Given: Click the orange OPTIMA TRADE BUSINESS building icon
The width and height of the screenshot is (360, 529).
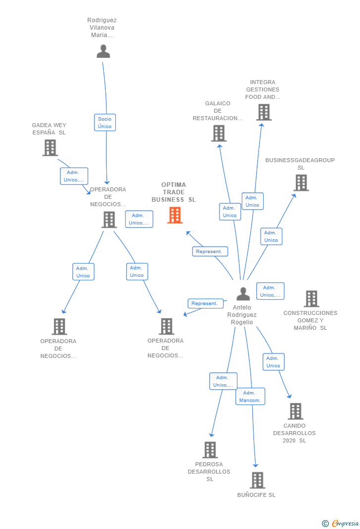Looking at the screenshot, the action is (x=175, y=215).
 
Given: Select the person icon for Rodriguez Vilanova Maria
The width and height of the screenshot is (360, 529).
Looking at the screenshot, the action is (x=103, y=51).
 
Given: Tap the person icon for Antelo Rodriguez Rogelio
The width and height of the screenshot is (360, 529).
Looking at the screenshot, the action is (x=243, y=294).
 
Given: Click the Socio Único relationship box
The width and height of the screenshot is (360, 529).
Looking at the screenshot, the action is (x=105, y=123).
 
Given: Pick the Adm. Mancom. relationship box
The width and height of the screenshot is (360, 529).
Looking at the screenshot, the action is (x=250, y=397).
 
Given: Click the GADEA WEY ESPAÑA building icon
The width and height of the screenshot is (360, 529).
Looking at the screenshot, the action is (x=50, y=148).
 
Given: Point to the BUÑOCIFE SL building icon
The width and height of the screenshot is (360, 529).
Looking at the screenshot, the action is (x=258, y=480).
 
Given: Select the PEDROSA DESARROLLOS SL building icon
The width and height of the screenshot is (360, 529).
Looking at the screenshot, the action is (x=210, y=450).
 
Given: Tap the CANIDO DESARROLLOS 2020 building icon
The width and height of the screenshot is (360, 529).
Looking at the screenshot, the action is (x=296, y=411).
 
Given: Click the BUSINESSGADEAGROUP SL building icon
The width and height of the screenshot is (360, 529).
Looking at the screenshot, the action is (x=301, y=182).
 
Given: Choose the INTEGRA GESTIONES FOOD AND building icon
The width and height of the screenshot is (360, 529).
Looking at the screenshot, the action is (x=264, y=112).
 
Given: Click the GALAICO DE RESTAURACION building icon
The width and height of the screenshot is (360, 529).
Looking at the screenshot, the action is (x=219, y=133).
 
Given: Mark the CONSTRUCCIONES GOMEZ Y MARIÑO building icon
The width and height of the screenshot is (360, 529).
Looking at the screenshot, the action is (x=312, y=299).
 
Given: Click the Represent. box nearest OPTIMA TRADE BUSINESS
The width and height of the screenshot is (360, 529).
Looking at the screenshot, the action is (x=210, y=251).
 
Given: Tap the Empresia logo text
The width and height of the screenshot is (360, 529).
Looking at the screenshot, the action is (x=345, y=523).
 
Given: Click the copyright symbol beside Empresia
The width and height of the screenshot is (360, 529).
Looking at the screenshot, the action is (x=325, y=524).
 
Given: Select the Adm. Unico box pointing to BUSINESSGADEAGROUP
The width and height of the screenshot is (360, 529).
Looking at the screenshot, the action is (x=271, y=236).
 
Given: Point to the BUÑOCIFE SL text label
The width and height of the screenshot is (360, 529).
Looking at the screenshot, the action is (x=257, y=495).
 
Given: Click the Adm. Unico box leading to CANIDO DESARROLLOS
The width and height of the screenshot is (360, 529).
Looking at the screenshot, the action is (x=273, y=362).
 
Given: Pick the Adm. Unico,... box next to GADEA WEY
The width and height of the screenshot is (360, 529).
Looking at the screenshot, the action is (x=74, y=176).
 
